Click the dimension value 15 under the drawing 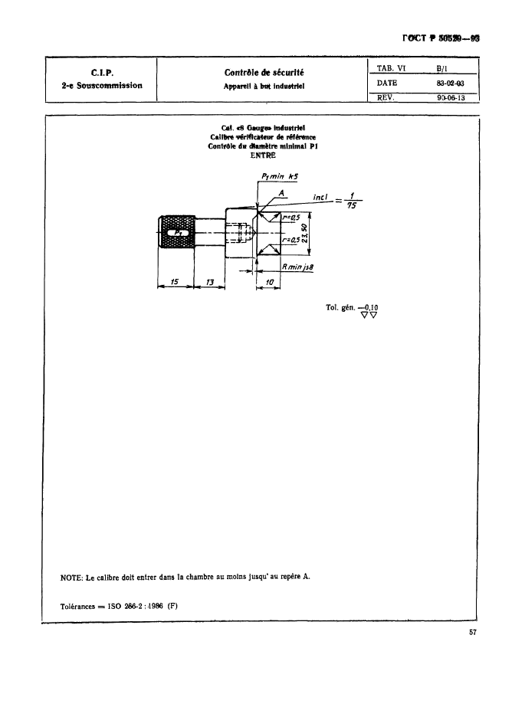click(x=175, y=283)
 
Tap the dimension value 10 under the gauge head click(x=268, y=283)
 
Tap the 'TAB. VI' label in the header click(x=391, y=67)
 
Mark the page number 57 click(x=473, y=633)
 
